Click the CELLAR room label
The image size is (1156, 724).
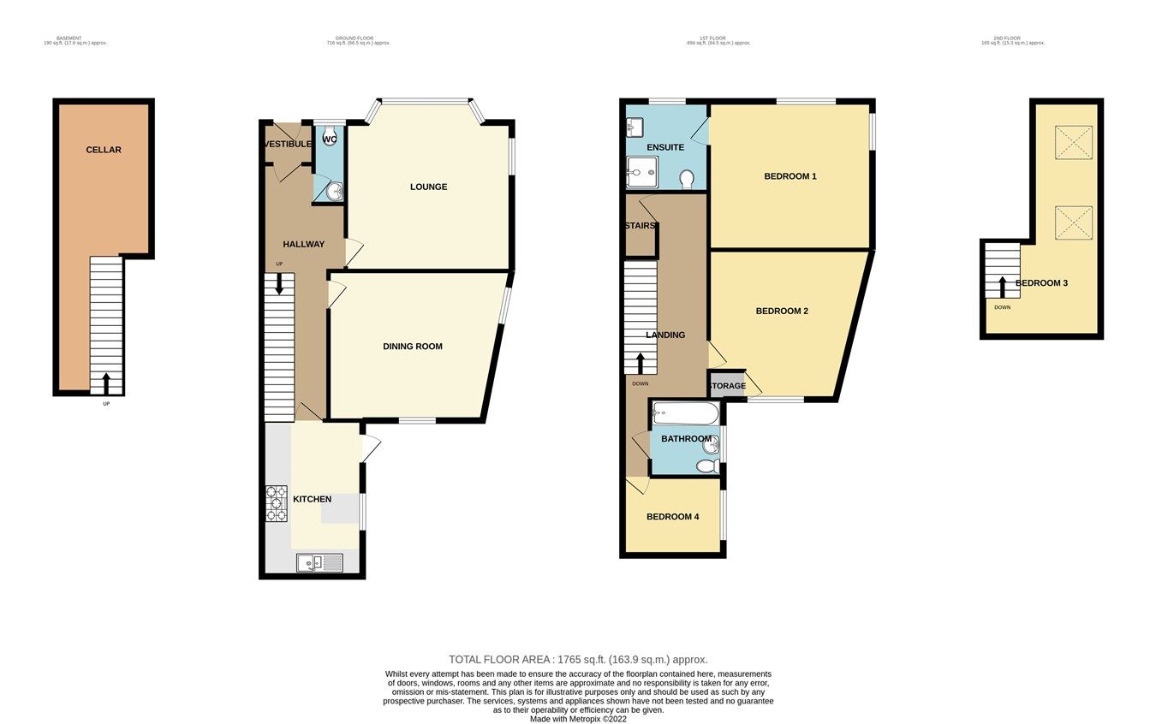[x=104, y=150]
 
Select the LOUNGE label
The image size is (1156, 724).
[x=428, y=187]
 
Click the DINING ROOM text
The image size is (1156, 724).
[x=412, y=347]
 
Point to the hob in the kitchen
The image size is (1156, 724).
[x=276, y=503]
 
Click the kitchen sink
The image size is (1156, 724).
[x=319, y=562]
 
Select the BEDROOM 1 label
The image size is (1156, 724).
[x=790, y=176]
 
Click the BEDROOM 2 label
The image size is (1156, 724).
[x=781, y=312]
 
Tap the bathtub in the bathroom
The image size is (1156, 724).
[x=685, y=415]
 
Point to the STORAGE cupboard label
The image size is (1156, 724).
[x=726, y=386]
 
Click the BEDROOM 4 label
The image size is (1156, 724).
[x=672, y=517]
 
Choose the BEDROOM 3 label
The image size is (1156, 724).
[x=1041, y=283]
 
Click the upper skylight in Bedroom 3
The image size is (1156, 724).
[x=1073, y=143]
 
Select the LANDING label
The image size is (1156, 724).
[x=665, y=335]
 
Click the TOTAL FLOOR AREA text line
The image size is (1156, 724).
[x=578, y=660]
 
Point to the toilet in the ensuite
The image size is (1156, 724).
[x=686, y=178]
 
